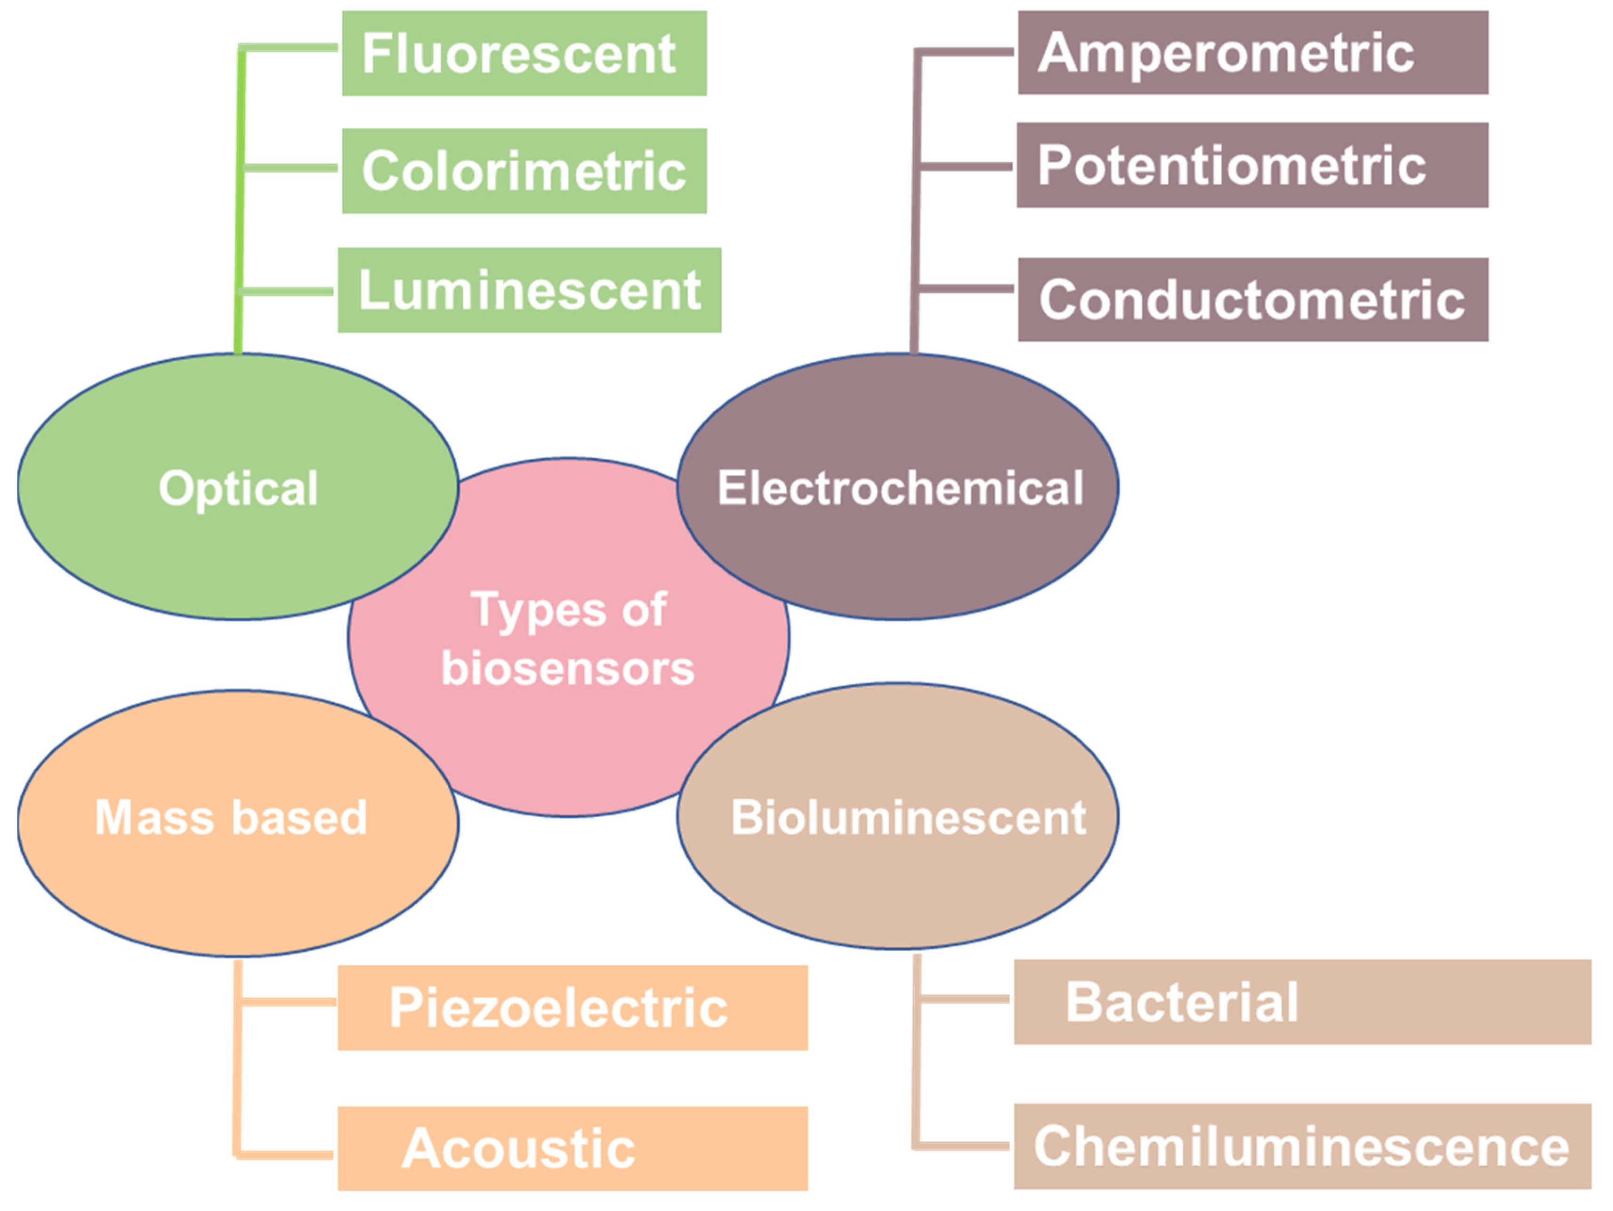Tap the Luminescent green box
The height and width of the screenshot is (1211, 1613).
pos(529,290)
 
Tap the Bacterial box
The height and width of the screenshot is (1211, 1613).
pos(1302,1001)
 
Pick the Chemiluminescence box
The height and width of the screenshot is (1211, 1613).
pos(1302,1146)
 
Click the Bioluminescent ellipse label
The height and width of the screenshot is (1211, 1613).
pos(908,817)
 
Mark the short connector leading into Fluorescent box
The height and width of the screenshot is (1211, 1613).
pos(290,48)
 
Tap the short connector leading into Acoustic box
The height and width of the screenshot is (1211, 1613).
pos(286,1155)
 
